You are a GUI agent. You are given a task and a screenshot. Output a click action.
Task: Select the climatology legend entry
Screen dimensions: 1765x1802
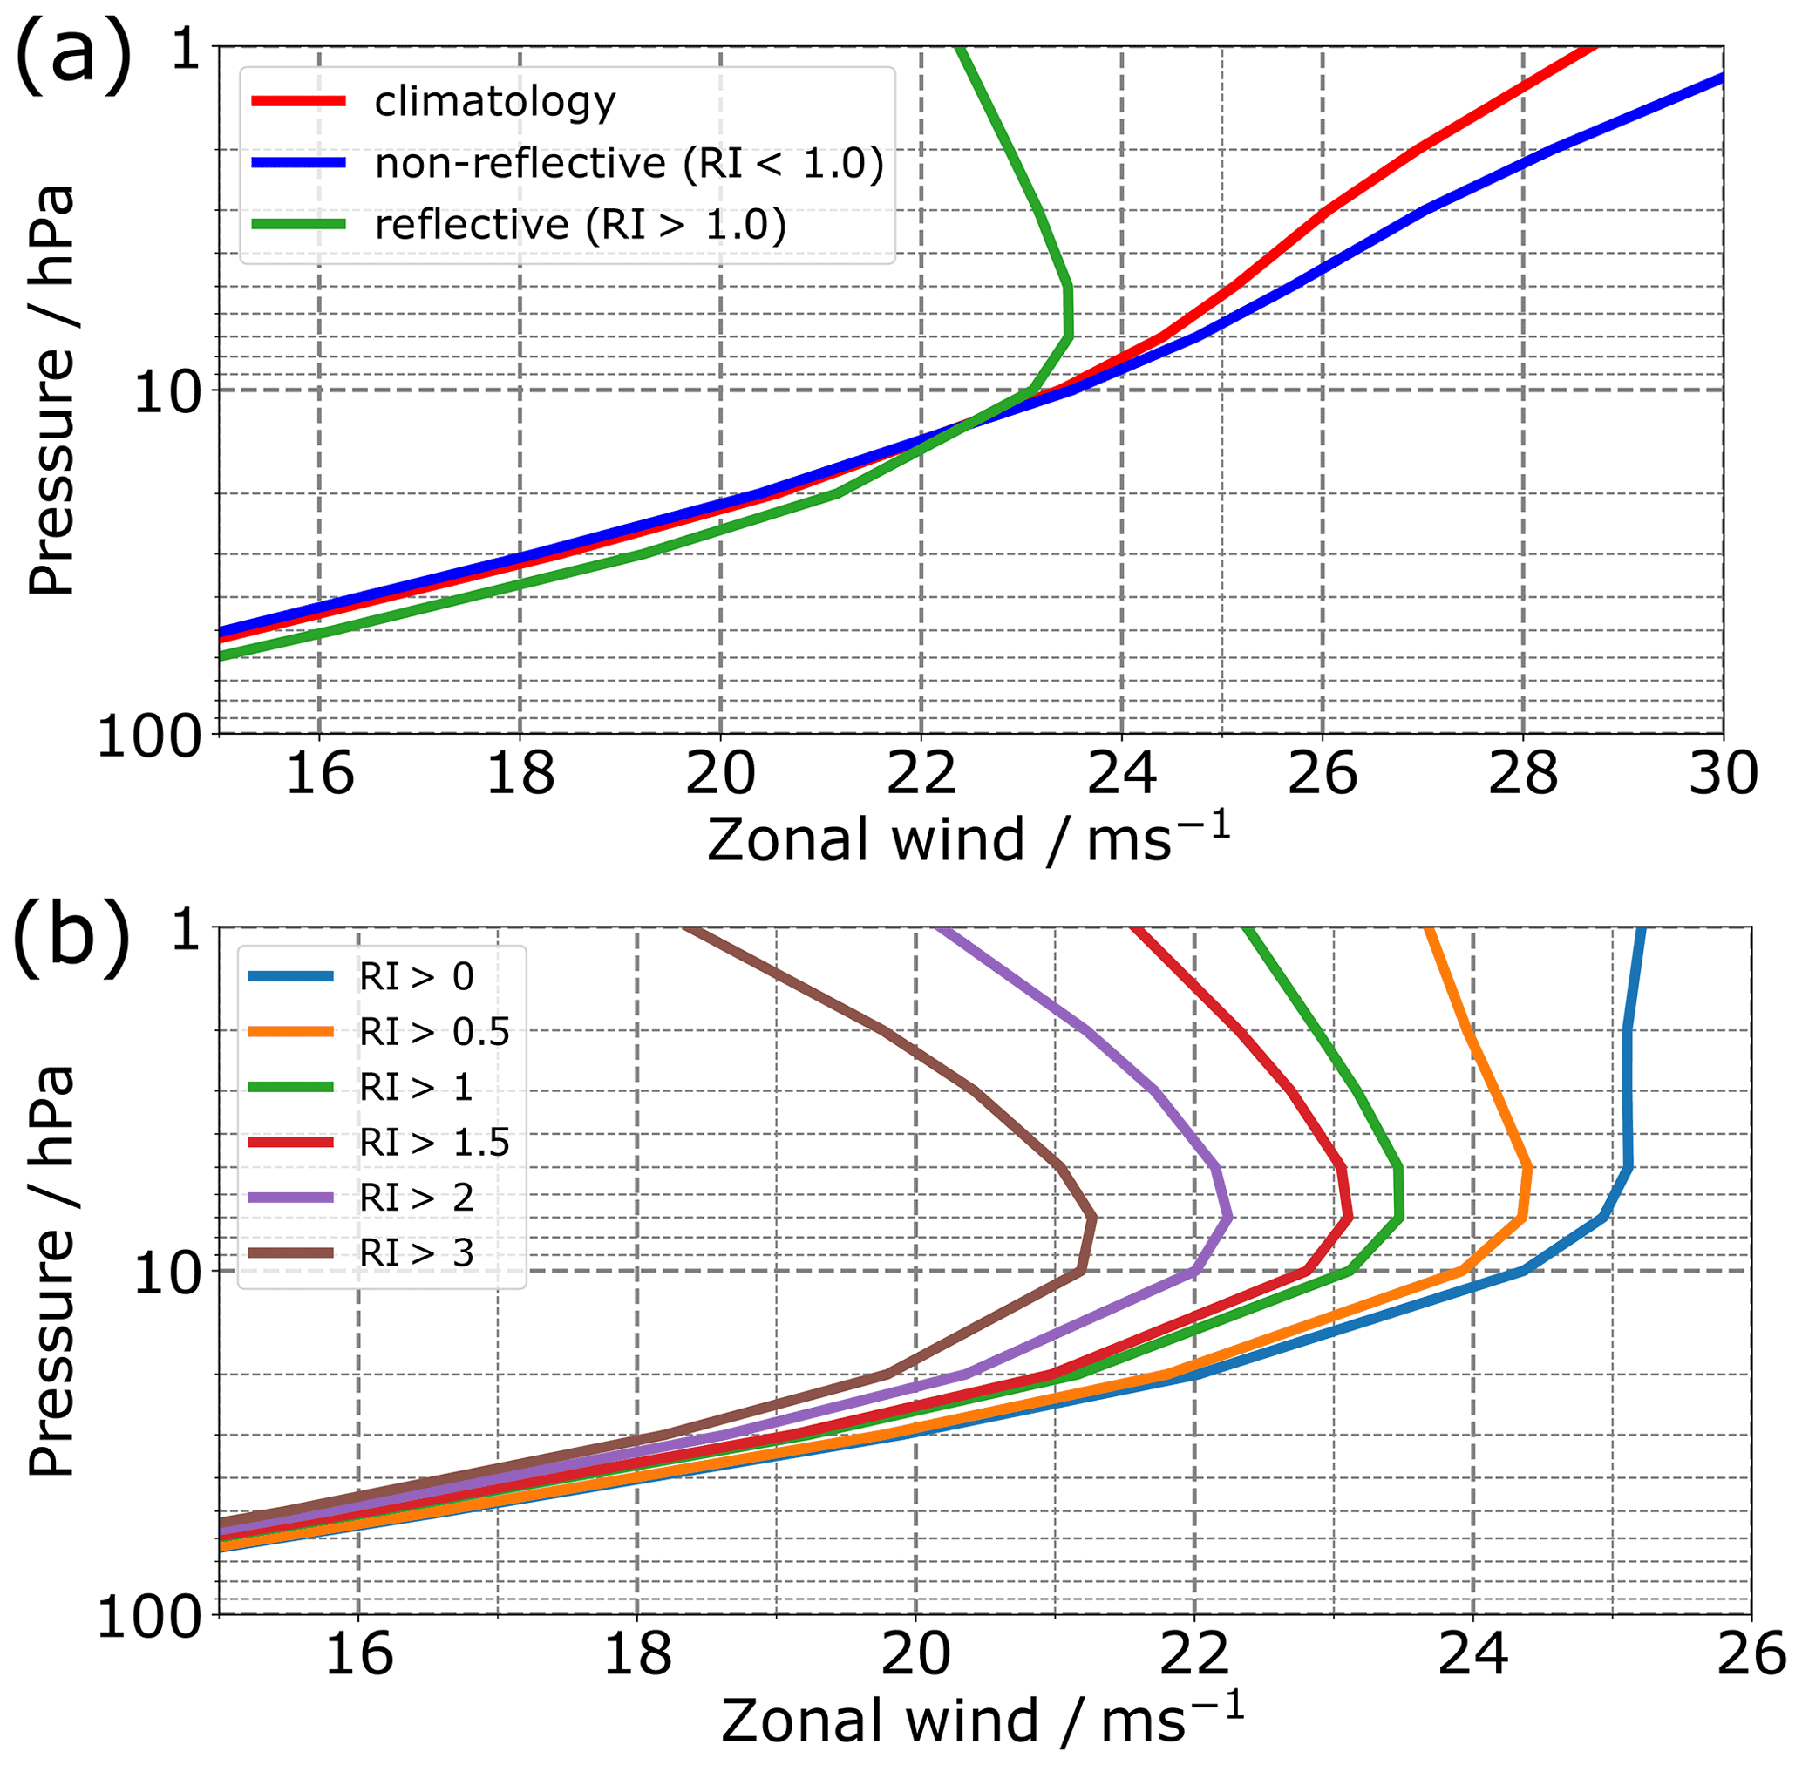495,101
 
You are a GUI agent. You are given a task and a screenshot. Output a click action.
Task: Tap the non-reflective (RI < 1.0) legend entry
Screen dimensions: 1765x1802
629,163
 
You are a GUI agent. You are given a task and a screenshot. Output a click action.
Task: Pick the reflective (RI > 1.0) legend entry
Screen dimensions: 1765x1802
580,225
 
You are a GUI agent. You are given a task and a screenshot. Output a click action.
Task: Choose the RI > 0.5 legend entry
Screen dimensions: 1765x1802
435,1031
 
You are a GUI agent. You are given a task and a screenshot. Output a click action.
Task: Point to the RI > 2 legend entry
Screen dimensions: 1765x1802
417,1198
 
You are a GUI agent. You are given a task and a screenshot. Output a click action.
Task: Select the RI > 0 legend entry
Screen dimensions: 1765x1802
417,976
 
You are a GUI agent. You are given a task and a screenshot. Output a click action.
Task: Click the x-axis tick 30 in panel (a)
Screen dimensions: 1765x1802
1723,773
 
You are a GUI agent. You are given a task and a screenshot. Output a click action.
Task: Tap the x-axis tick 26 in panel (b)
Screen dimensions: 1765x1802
1750,1653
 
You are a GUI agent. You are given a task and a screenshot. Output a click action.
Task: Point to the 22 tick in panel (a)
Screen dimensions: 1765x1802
921,773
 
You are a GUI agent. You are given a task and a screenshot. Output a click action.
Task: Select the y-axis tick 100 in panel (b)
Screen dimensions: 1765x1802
148,1619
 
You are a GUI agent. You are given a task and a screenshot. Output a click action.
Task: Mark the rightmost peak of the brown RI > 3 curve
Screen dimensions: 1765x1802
1095,1219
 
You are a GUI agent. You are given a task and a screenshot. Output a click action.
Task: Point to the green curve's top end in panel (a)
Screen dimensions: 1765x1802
962,48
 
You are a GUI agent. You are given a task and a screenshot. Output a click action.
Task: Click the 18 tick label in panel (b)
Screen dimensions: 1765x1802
636,1653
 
